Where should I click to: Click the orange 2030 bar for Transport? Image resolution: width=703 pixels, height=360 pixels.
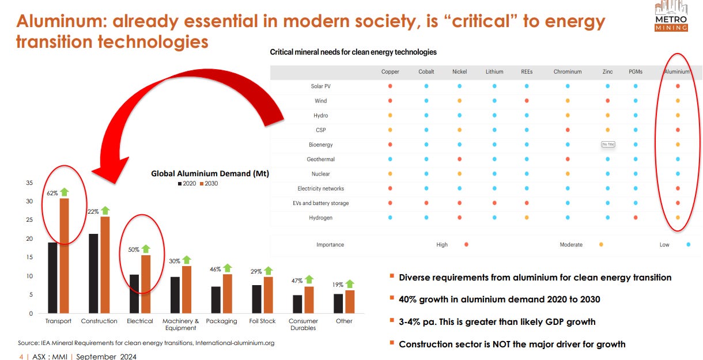(x=65, y=256)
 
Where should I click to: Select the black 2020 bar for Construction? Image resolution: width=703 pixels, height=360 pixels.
(x=93, y=274)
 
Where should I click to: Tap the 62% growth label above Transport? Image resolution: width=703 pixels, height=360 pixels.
(x=52, y=193)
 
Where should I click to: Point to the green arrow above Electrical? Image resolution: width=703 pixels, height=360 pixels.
(x=146, y=249)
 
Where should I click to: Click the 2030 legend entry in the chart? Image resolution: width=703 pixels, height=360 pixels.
(x=209, y=183)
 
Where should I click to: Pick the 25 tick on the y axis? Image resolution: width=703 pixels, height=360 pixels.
(x=29, y=219)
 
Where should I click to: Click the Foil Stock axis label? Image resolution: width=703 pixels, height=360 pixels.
(x=262, y=321)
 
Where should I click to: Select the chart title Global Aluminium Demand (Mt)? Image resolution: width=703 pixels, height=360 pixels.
(x=210, y=173)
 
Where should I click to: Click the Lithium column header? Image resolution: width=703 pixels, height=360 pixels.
(x=494, y=72)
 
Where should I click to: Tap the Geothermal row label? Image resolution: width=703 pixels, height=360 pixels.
(x=321, y=160)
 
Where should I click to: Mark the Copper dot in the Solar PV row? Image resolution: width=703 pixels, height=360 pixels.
(x=390, y=86)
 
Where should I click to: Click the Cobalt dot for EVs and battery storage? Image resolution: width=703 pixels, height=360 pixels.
(x=426, y=203)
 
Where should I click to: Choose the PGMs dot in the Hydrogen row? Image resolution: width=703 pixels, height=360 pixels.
(x=636, y=218)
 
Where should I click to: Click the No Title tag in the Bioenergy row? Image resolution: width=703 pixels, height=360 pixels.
(x=608, y=144)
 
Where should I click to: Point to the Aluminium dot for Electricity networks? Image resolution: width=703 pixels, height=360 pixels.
(x=678, y=188)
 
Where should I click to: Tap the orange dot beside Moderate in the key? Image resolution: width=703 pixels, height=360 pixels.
(x=601, y=245)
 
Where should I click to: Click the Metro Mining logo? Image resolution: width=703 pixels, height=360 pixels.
(x=671, y=16)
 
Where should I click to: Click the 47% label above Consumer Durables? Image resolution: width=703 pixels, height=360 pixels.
(x=297, y=281)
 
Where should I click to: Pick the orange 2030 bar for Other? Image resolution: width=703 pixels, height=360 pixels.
(x=350, y=302)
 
